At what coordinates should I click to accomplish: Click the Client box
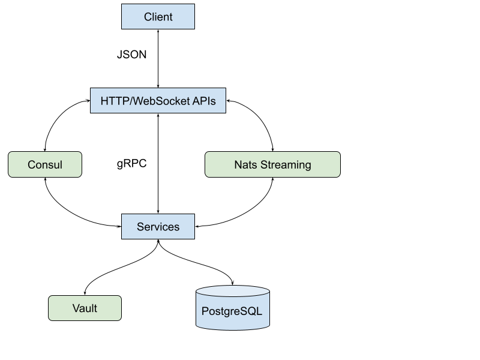click(158, 17)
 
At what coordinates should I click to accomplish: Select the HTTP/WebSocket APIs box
click(158, 101)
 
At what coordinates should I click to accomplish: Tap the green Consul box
click(45, 164)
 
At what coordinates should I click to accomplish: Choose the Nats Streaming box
click(272, 164)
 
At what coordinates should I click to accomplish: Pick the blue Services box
click(158, 227)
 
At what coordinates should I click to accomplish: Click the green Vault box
click(85, 308)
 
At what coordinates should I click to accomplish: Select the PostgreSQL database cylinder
click(232, 311)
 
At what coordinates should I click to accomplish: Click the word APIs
click(204, 101)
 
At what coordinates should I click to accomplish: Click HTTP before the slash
click(113, 101)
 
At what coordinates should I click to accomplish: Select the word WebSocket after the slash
click(160, 101)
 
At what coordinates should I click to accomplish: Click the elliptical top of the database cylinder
click(232, 292)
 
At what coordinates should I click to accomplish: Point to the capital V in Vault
click(76, 308)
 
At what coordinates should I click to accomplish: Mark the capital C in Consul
click(32, 164)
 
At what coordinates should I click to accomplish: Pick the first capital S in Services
click(140, 227)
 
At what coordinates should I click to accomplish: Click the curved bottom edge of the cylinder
click(232, 329)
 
